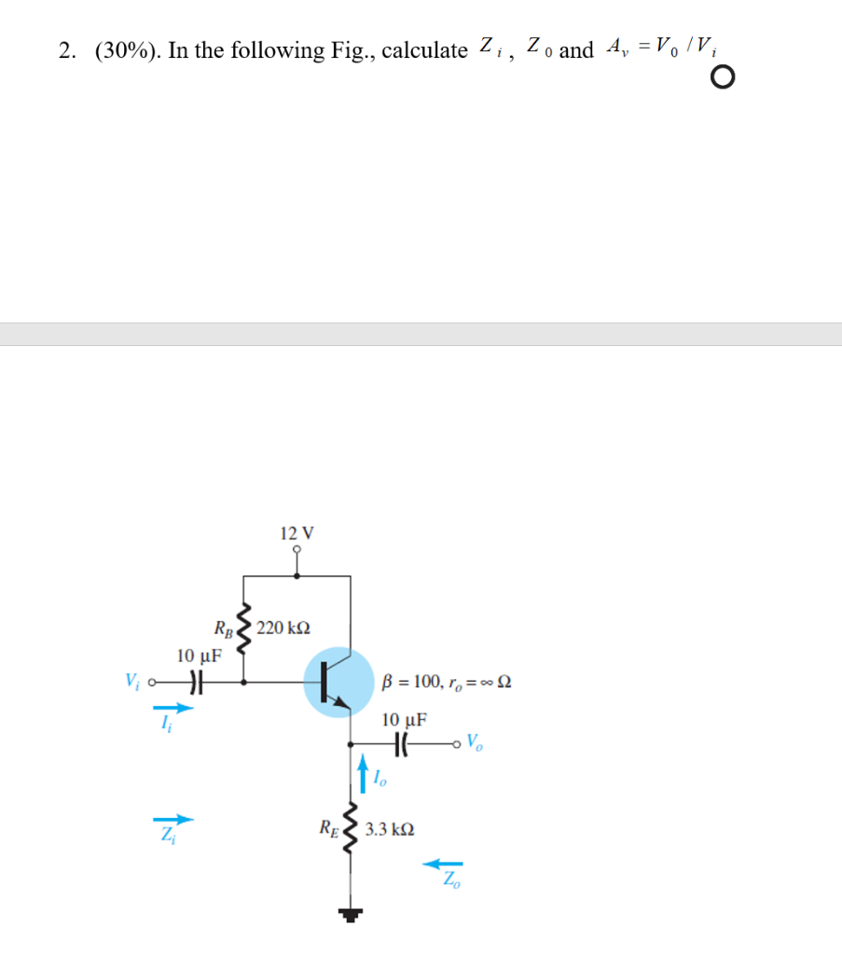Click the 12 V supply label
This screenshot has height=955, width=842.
(x=297, y=533)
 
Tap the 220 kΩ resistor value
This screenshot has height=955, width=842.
(x=283, y=627)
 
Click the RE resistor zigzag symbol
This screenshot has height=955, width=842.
(x=352, y=824)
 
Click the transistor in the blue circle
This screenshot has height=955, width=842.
(x=338, y=683)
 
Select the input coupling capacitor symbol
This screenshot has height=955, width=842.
(x=195, y=682)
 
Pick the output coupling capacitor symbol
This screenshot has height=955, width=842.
(x=403, y=744)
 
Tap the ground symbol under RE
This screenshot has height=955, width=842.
(x=352, y=915)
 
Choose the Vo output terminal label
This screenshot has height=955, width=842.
(x=475, y=743)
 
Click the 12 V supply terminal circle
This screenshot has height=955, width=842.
(x=297, y=551)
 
